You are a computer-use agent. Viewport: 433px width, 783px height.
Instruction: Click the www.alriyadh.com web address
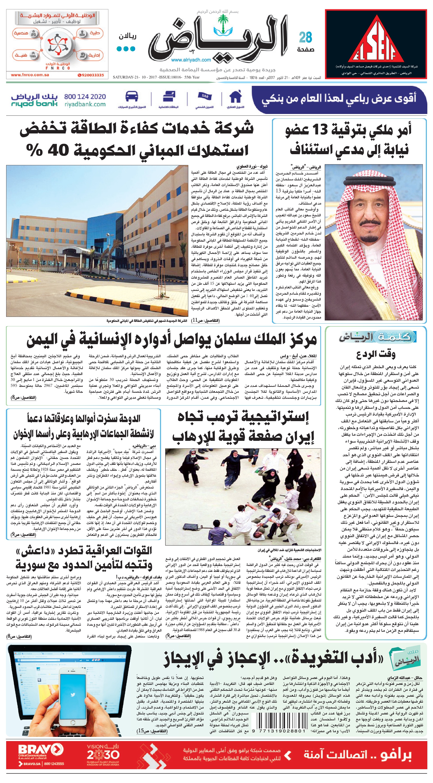[191, 60]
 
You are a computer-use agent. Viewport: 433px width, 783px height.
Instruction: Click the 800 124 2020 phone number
[85, 97]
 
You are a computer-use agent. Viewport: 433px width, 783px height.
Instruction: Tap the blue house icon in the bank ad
[235, 97]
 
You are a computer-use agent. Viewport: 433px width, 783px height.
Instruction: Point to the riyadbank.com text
[85, 105]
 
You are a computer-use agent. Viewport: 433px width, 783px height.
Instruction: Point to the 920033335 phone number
[91, 75]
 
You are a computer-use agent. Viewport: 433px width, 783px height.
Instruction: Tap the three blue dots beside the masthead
[126, 49]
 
